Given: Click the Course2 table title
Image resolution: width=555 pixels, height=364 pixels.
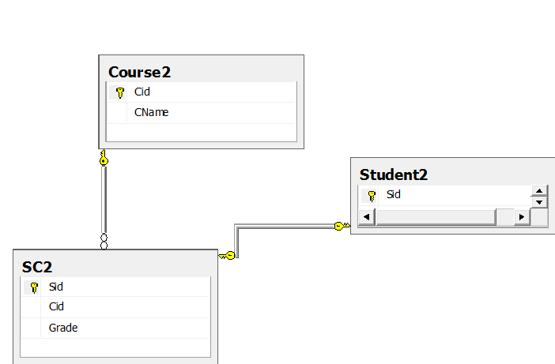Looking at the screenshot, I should pyautogui.click(x=140, y=72).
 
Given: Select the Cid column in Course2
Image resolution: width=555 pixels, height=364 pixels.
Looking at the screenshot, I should pyautogui.click(x=142, y=92).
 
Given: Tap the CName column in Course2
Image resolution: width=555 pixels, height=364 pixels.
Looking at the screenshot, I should pyautogui.click(x=151, y=112).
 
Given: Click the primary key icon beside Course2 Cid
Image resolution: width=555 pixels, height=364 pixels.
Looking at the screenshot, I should pyautogui.click(x=119, y=92).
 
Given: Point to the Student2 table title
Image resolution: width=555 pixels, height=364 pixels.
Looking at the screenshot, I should pyautogui.click(x=393, y=174).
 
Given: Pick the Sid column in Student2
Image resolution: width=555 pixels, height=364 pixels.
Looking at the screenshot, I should pyautogui.click(x=394, y=194).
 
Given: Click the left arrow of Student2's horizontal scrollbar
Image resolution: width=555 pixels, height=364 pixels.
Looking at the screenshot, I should pyautogui.click(x=367, y=216).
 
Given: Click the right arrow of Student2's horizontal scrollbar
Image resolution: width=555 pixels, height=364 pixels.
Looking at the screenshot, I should pyautogui.click(x=521, y=216).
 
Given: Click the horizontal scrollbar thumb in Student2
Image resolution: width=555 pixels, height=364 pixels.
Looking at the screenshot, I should pyautogui.click(x=436, y=216).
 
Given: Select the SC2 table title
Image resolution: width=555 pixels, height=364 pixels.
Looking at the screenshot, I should pyautogui.click(x=37, y=267).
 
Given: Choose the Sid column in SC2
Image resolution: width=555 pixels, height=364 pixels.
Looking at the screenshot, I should pyautogui.click(x=55, y=287).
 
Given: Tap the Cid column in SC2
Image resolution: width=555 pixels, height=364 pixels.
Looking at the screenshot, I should pyautogui.click(x=56, y=306).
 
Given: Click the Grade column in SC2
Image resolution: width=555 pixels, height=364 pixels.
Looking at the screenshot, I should pyautogui.click(x=63, y=327).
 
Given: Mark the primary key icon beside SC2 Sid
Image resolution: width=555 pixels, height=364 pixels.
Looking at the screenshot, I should pyautogui.click(x=34, y=287).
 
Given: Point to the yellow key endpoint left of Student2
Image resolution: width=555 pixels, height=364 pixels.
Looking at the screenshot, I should pyautogui.click(x=340, y=226).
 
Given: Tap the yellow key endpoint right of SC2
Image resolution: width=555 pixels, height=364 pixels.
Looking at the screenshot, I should pyautogui.click(x=228, y=255).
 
